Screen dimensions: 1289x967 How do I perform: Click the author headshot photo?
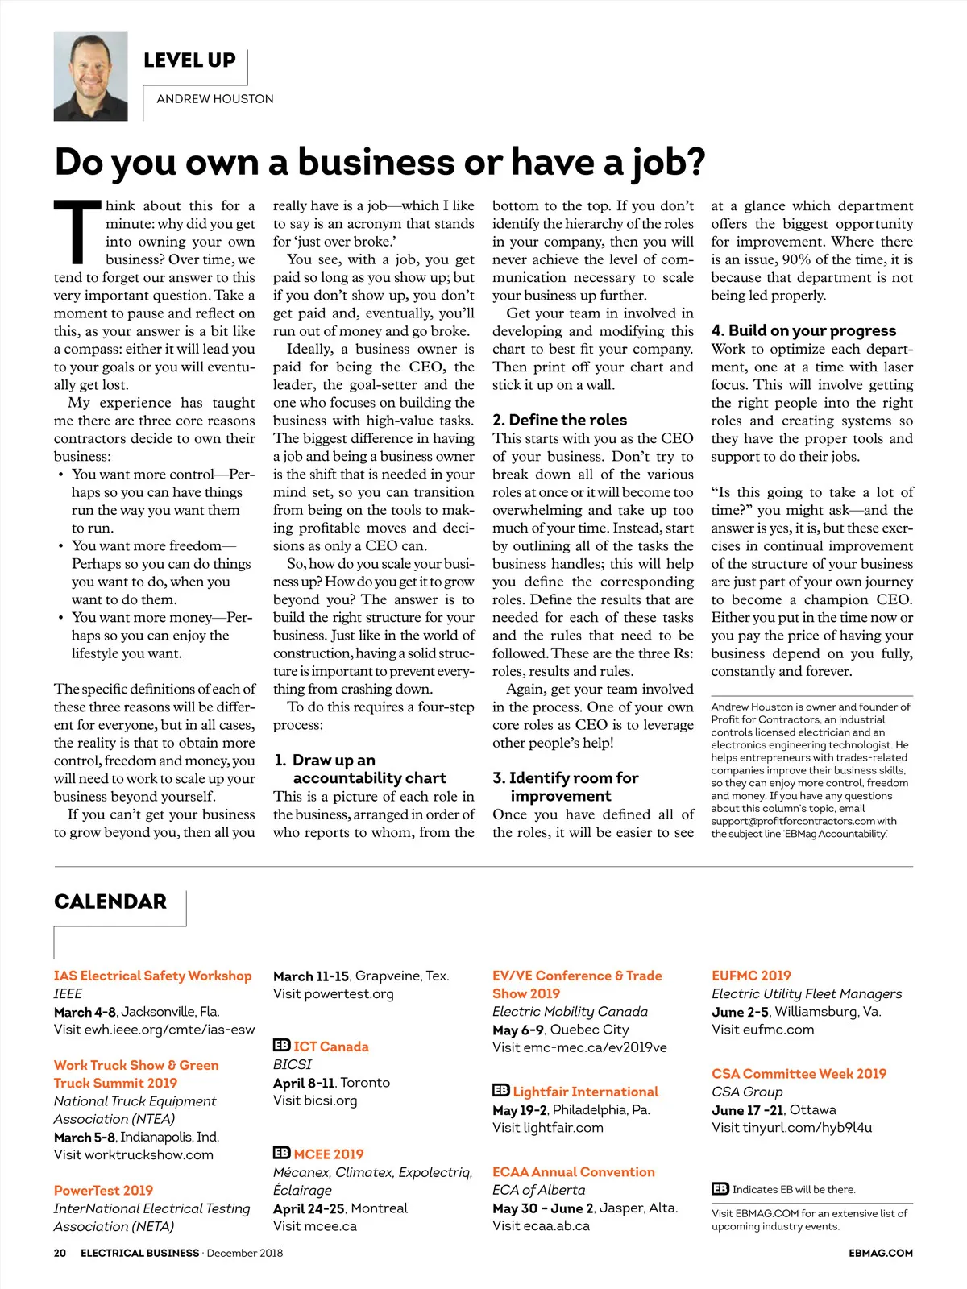(90, 77)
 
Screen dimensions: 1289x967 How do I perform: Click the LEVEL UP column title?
(189, 60)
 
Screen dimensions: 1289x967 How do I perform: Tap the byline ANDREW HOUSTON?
(215, 99)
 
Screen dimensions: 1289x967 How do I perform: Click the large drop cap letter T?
(77, 233)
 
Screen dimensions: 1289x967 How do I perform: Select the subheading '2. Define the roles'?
(559, 420)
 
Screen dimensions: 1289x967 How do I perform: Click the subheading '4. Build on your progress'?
(803, 330)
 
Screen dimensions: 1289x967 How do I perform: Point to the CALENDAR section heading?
(110, 901)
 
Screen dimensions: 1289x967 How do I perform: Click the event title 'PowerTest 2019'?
(103, 1190)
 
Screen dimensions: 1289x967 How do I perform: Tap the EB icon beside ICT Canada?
(281, 1046)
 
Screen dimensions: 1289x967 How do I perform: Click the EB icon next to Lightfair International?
(500, 1091)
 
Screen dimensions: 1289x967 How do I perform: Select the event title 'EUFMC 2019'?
(751, 976)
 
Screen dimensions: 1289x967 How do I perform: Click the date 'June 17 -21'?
(747, 1110)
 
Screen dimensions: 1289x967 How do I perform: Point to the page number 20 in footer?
(60, 1253)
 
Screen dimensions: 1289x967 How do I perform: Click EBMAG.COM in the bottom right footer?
(881, 1253)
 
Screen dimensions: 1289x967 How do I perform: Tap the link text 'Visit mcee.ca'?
(315, 1226)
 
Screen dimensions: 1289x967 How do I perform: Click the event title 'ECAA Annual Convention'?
(574, 1172)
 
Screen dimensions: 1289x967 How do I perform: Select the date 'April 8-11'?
(304, 1083)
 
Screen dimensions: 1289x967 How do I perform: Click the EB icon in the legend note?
(720, 1189)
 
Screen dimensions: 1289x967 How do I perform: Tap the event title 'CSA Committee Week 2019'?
(799, 1074)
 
